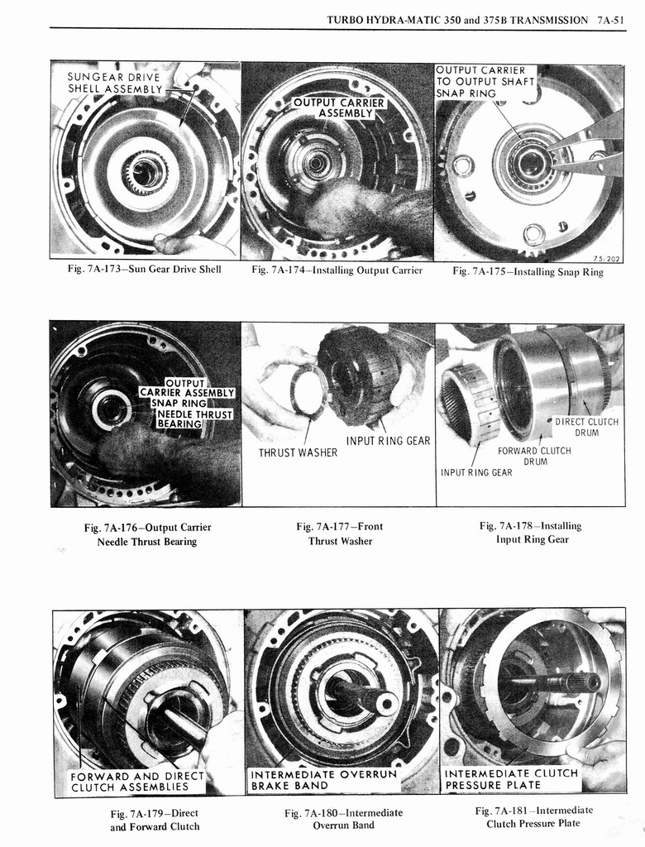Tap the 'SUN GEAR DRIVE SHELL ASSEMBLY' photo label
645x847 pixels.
click(x=115, y=83)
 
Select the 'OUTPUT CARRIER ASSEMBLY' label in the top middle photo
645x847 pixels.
click(x=340, y=107)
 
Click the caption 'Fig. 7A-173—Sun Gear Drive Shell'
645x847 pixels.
click(x=144, y=270)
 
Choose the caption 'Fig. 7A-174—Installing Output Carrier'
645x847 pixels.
click(x=337, y=270)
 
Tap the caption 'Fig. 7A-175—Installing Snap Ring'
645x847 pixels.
click(x=528, y=271)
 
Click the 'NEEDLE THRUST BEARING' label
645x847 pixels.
click(x=195, y=419)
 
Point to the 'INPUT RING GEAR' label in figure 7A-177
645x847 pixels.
click(x=389, y=441)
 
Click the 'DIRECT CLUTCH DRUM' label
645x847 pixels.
click(x=586, y=428)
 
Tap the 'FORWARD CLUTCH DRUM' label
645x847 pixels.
click(x=534, y=456)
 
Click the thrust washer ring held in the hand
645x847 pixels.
click(x=308, y=390)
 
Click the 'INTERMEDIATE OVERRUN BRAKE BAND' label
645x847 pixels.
click(x=323, y=780)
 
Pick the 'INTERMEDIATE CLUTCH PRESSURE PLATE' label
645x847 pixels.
click(x=510, y=779)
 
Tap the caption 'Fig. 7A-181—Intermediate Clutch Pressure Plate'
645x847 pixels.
click(x=533, y=816)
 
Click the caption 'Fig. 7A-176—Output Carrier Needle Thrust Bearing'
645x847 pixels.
click(x=146, y=534)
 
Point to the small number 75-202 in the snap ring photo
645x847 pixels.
click(x=607, y=258)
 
